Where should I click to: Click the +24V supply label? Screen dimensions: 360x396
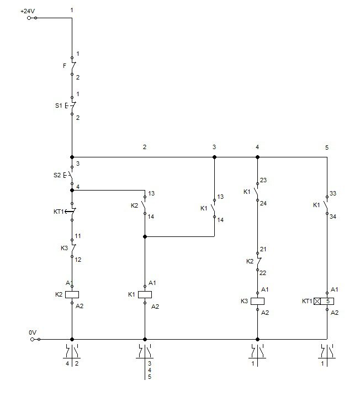coord(28,12)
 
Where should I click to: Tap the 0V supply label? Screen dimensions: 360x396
coord(33,332)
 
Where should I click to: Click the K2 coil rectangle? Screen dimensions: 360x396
coord(72,294)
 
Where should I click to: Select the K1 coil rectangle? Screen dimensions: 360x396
coord(145,294)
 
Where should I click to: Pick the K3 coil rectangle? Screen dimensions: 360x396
coord(257,301)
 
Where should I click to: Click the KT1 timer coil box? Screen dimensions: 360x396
coord(324,301)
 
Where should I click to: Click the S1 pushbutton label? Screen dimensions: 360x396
coord(59,105)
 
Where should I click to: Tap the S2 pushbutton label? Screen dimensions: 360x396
coord(57,175)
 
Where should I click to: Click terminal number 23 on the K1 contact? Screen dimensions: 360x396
coord(263,180)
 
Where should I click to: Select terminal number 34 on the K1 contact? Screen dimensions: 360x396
coord(333,217)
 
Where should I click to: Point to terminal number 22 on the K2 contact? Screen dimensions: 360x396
coord(263,273)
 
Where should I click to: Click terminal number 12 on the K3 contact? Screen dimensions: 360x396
coord(78,260)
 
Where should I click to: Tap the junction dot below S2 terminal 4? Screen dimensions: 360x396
coord(72,190)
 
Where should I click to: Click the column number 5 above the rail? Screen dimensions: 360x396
coord(327,147)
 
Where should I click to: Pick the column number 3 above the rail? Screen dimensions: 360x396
coord(214,147)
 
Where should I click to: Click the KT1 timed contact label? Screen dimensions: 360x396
coord(59,212)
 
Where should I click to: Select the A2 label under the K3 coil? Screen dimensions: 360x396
coord(265,313)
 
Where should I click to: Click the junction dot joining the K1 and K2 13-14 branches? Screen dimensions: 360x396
coord(145,236)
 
